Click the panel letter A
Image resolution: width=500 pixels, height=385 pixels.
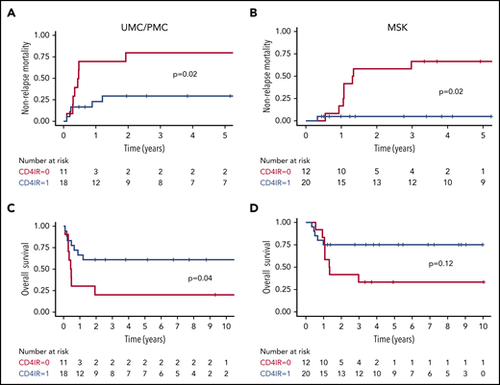pyautogui.click(x=7, y=10)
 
